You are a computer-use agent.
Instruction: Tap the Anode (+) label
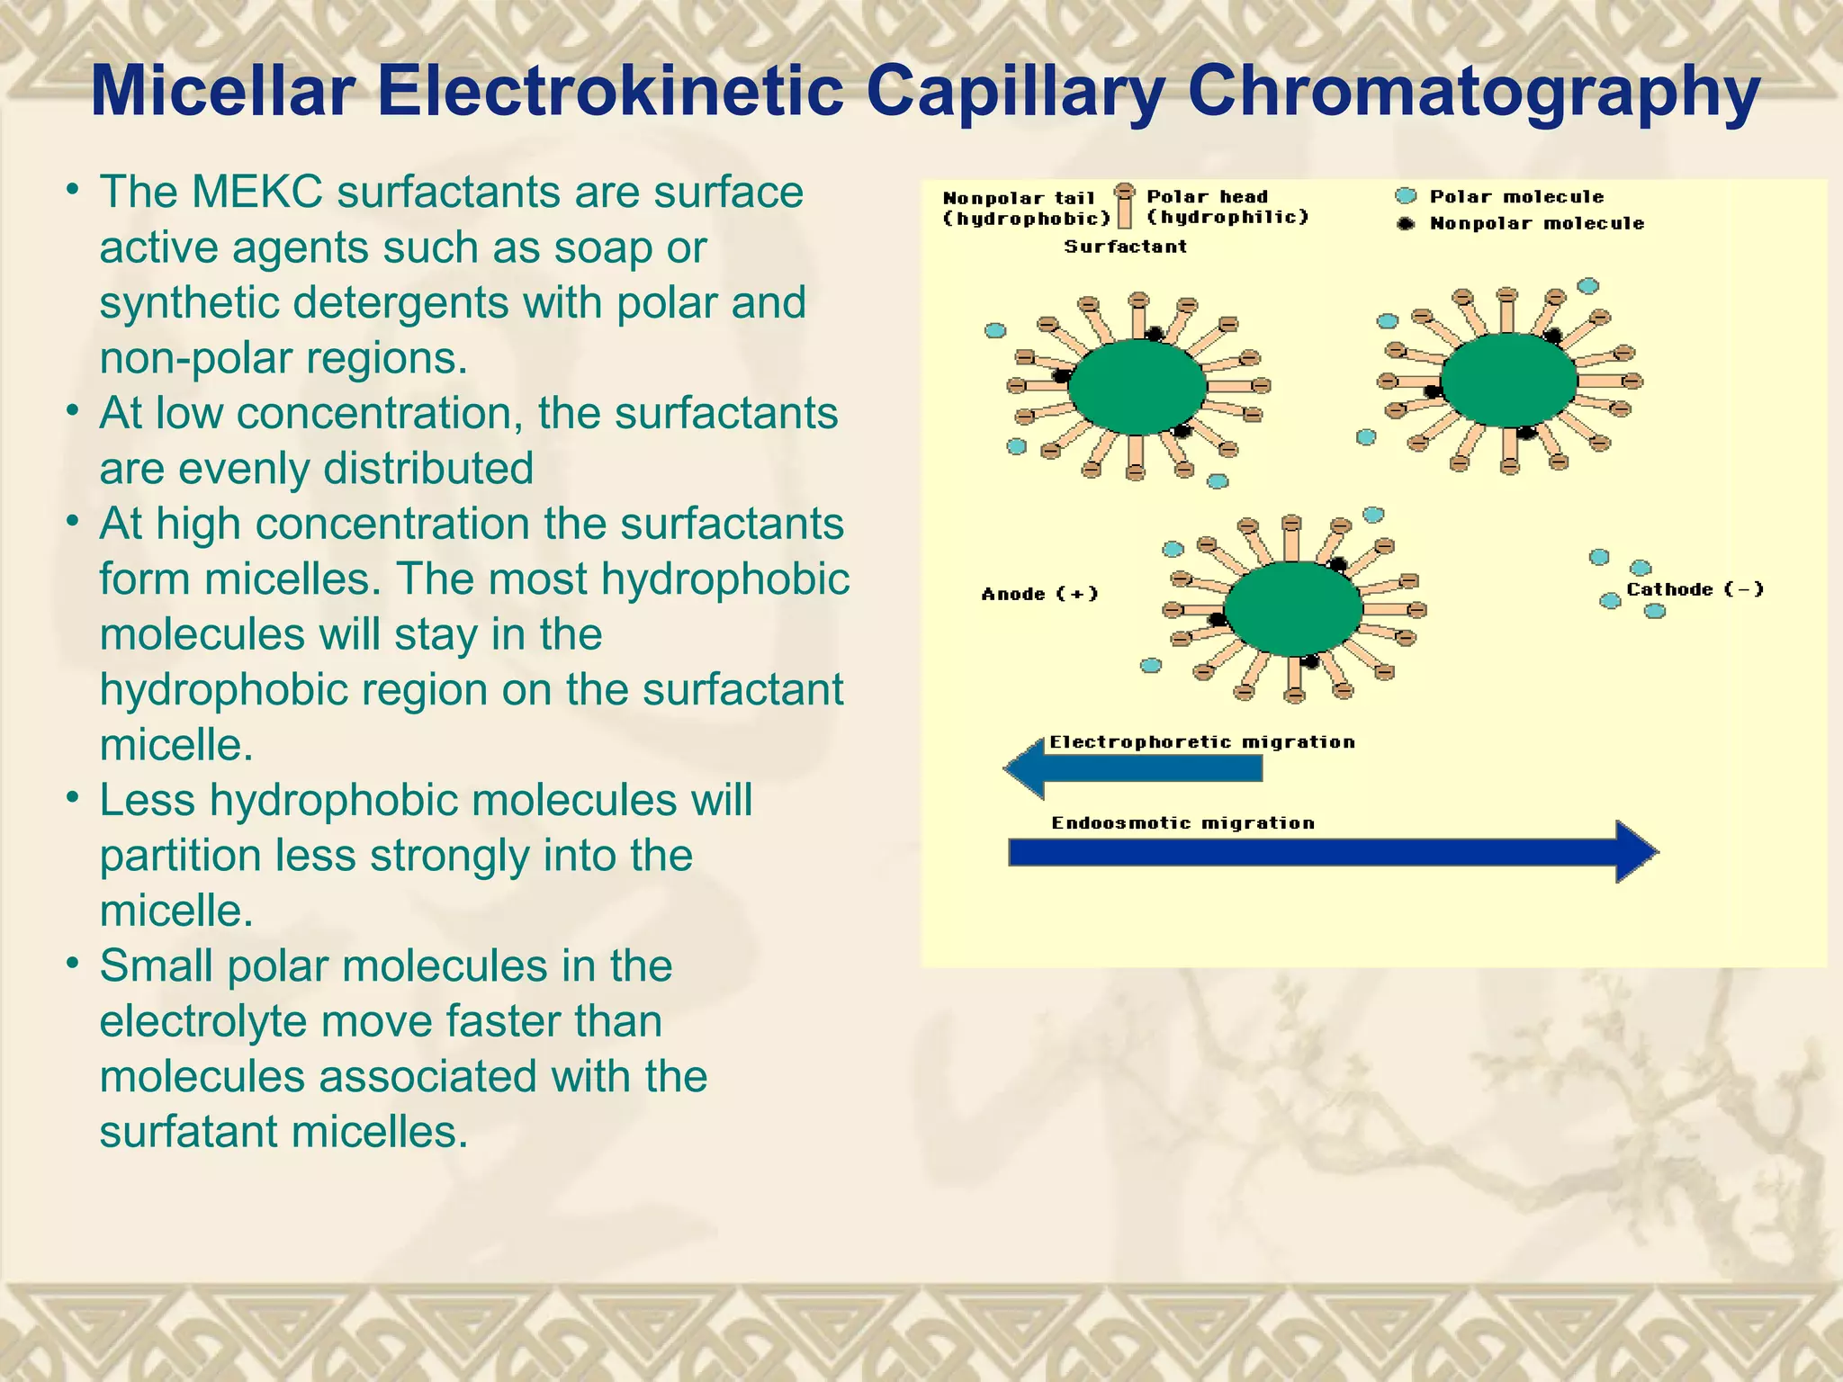[x=1039, y=594]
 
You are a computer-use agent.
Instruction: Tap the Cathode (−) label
[x=1695, y=589]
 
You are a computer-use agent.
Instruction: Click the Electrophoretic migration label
[x=1201, y=742]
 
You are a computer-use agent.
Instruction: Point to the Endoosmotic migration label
[x=1182, y=823]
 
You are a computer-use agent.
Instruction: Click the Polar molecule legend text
[x=1516, y=196]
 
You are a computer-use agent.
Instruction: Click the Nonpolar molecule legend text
[x=1536, y=223]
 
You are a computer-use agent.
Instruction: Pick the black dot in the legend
[x=1405, y=223]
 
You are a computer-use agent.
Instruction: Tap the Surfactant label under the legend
[x=1125, y=247]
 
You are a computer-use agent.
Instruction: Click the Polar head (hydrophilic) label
[x=1227, y=207]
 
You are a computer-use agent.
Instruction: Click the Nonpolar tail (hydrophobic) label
[x=1026, y=208]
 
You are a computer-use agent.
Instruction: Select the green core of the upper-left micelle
[x=1137, y=387]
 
